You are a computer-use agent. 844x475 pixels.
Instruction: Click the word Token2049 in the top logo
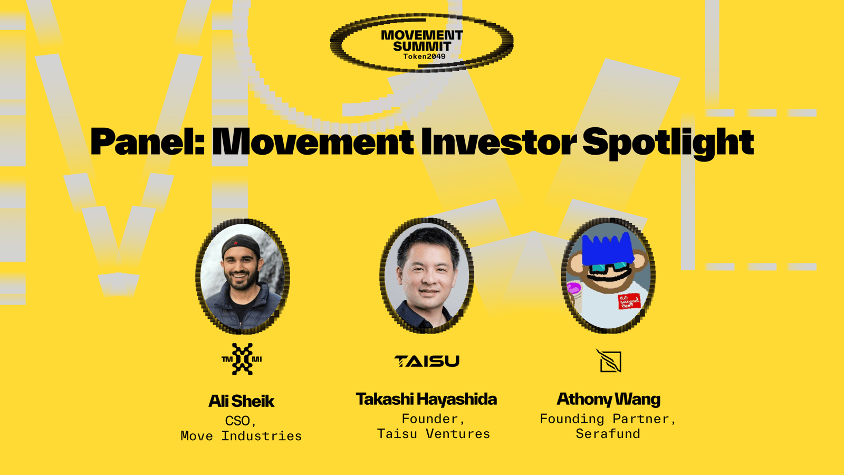tap(424, 56)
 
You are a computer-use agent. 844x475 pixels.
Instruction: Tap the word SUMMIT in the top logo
tap(422, 46)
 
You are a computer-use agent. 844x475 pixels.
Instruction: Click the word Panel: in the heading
tap(147, 141)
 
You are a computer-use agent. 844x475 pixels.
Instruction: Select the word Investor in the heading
tap(499, 141)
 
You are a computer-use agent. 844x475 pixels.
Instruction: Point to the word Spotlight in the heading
tap(668, 143)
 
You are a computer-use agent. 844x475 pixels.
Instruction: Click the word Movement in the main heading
tap(313, 141)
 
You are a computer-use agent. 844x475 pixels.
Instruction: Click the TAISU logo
tap(427, 361)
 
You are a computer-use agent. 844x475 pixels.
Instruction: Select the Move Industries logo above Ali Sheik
tap(242, 359)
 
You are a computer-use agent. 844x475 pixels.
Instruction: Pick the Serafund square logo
tap(609, 361)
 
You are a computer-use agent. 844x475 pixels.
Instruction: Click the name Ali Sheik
tap(242, 401)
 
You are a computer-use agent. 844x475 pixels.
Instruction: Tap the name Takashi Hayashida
tap(427, 400)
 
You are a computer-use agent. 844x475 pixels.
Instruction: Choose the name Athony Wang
tap(609, 400)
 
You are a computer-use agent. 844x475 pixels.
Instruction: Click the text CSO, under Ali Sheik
tap(241, 421)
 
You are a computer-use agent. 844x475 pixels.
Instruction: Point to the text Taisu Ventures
tap(434, 434)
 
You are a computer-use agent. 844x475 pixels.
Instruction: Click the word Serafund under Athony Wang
tap(608, 434)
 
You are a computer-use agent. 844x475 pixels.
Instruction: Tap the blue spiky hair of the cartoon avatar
tap(607, 248)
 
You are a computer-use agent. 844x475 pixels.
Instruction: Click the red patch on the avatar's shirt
tap(629, 301)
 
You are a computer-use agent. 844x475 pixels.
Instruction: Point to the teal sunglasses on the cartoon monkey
tap(609, 268)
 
